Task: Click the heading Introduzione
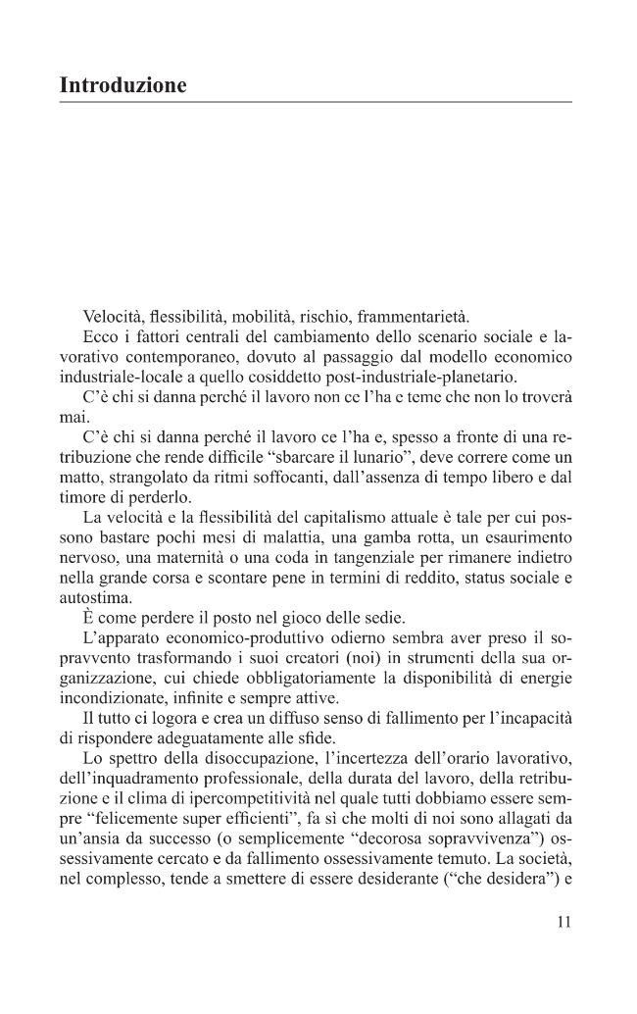pos(122,85)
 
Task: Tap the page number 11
pos(562,922)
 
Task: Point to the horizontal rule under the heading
pos(316,102)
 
